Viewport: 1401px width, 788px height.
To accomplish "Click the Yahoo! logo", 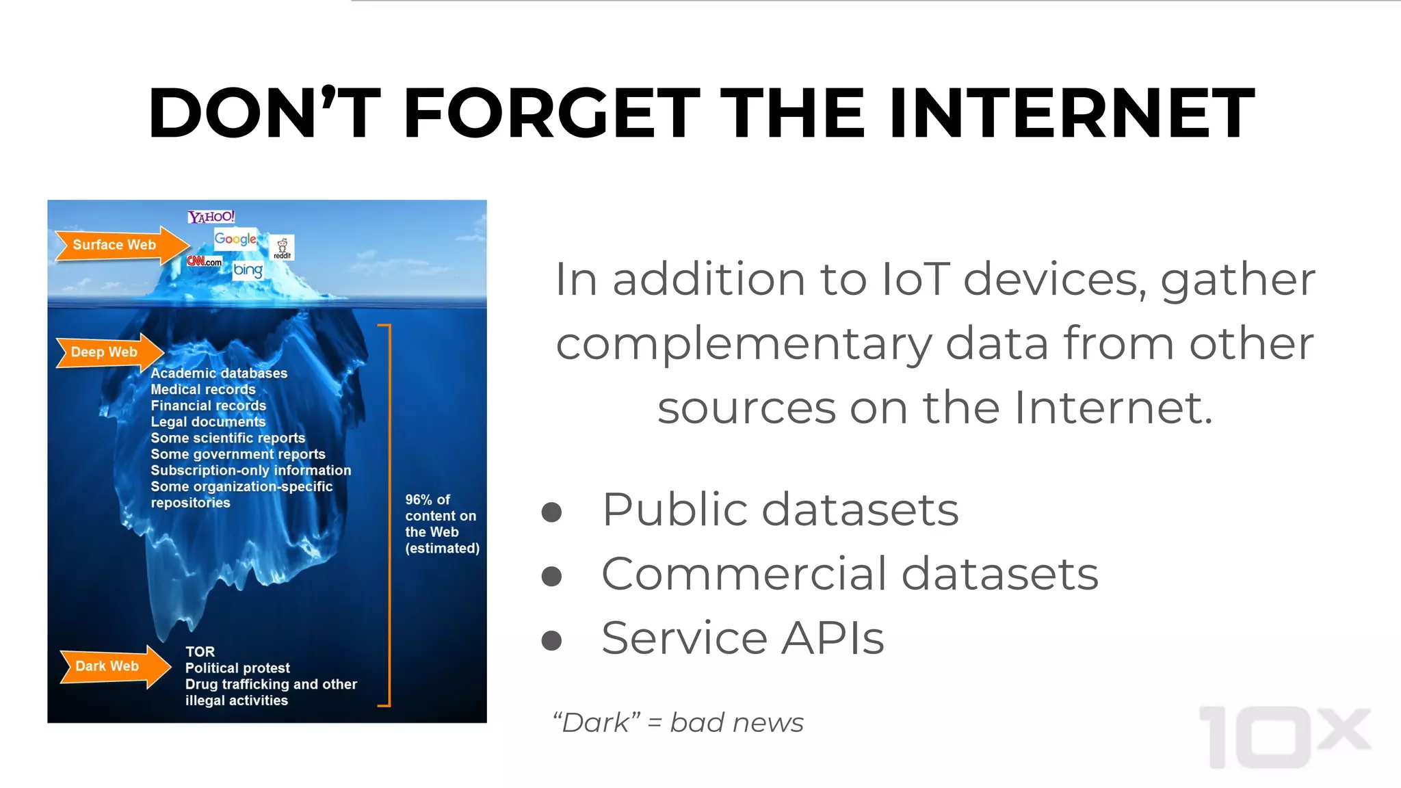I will (211, 217).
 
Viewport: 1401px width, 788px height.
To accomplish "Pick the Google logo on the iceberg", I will (235, 239).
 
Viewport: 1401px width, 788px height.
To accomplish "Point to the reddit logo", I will (283, 248).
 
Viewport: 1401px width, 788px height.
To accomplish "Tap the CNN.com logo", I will (204, 261).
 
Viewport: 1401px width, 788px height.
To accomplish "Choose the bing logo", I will (248, 270).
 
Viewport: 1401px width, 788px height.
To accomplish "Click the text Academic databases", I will (219, 373).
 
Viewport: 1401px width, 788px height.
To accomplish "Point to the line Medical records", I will (203, 389).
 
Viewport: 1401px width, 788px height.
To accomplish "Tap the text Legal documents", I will (208, 422).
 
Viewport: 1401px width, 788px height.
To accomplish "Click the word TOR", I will (200, 652).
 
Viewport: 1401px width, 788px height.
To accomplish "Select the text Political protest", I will (237, 668).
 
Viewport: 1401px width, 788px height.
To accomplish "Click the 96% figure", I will (419, 500).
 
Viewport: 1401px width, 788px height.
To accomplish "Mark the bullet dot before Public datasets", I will (551, 512).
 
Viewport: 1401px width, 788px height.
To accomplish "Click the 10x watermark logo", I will (1285, 737).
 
